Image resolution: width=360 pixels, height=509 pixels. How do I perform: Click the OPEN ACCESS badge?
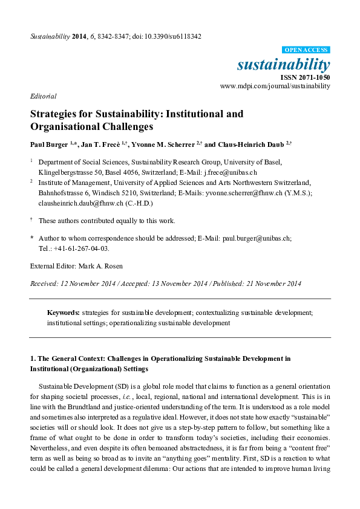point(307,50)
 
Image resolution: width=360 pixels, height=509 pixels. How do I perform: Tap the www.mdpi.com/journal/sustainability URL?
point(275,86)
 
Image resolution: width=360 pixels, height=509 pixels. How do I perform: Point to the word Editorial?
point(43,96)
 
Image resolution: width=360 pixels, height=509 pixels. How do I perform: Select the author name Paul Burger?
point(49,144)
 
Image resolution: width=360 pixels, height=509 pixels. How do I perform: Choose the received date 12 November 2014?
point(86,284)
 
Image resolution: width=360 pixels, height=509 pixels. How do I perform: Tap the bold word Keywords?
point(64,313)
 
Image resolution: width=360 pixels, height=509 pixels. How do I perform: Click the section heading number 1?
point(33,358)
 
